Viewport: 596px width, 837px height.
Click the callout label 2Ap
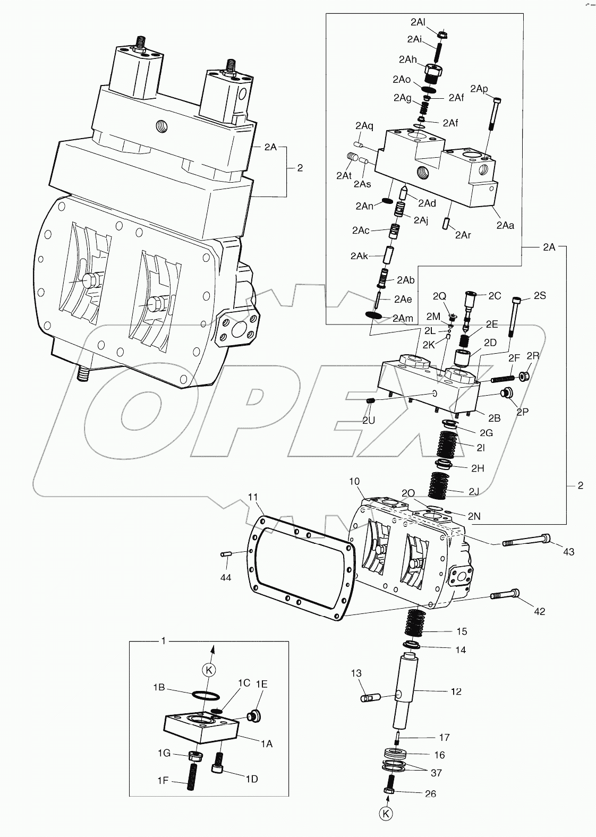479,89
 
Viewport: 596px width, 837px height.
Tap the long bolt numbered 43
526,541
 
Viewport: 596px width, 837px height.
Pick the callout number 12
455,691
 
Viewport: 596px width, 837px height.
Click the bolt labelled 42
505,595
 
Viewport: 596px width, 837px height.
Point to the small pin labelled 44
225,555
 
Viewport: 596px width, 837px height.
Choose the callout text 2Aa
505,225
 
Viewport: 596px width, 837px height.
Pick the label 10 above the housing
354,482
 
